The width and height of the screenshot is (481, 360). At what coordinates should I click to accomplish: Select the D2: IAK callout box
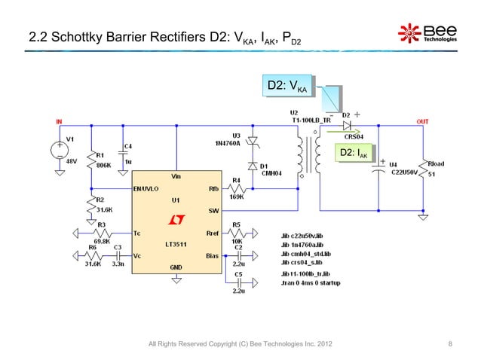click(353, 154)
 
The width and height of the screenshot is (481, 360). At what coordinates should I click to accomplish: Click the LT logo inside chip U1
click(176, 219)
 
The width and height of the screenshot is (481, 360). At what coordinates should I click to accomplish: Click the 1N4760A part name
click(228, 142)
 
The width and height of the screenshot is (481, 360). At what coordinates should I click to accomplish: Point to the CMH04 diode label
click(270, 172)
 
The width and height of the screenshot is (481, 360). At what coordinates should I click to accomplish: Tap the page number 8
click(449, 345)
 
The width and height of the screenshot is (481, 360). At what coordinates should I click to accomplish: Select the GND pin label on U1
click(176, 267)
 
